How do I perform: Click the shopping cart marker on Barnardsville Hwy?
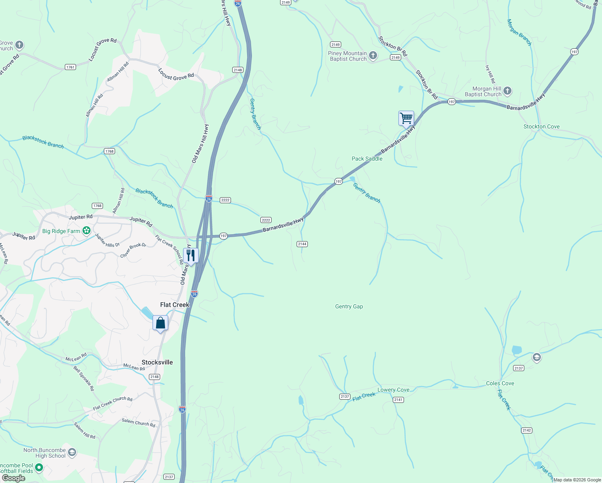click(406, 119)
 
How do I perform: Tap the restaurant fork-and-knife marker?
click(191, 256)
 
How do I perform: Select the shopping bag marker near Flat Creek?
click(160, 323)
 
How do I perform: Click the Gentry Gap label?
click(349, 307)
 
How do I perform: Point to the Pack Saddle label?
click(367, 159)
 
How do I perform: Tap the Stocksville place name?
click(157, 362)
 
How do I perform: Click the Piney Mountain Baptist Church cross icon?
click(373, 56)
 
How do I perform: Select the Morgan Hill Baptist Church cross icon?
click(507, 91)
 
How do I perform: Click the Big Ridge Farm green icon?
click(86, 231)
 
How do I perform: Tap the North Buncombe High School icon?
click(72, 452)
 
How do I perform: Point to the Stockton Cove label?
click(541, 126)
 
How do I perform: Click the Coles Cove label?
click(500, 383)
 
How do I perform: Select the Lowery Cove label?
click(393, 390)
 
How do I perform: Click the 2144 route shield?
click(302, 244)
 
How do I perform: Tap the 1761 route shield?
click(70, 67)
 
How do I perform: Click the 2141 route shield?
click(398, 400)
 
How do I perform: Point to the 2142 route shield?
click(527, 430)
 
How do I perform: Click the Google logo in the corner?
click(13, 478)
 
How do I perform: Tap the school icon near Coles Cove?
click(536, 357)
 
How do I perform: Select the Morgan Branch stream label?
click(519, 33)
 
